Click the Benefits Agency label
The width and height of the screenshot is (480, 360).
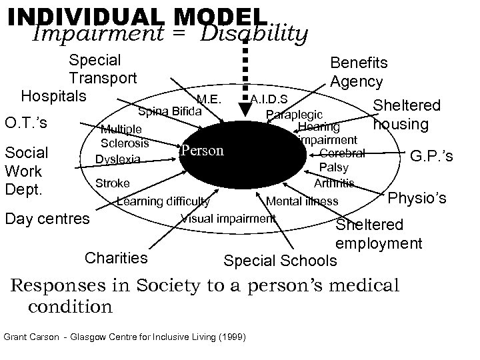tap(357, 72)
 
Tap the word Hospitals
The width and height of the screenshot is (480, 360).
tap(53, 95)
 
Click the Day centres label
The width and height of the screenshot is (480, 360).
tap(47, 218)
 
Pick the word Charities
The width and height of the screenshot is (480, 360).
tap(117, 257)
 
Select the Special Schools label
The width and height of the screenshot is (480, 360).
tap(281, 259)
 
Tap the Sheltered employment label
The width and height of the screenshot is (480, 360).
tap(378, 234)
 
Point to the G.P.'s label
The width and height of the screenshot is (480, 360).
tap(431, 156)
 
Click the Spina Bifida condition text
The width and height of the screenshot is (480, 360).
tap(169, 110)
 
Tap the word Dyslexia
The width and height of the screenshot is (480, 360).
tap(118, 159)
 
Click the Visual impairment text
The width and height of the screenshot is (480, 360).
tap(228, 218)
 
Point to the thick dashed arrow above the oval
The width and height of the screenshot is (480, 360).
tap(245, 67)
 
